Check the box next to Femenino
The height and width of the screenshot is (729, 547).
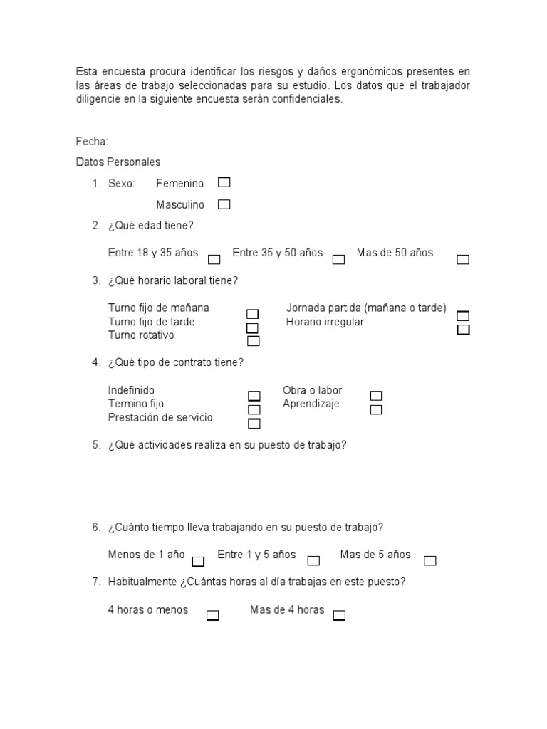point(224,182)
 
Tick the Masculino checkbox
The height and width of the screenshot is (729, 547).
point(224,204)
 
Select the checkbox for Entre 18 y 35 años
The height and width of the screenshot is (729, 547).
point(214,259)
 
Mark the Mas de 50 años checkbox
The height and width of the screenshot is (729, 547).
point(463,259)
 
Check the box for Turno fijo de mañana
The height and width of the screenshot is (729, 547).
point(253,314)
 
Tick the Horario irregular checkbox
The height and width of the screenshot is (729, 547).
point(463,330)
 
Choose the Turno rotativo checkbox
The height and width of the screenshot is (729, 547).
point(253,341)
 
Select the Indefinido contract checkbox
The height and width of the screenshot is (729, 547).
point(254,396)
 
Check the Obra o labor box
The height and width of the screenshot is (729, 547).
point(376,396)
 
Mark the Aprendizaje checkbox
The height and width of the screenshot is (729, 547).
point(376,409)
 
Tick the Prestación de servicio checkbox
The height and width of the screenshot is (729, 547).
point(254,424)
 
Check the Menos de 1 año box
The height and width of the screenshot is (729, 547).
point(198,561)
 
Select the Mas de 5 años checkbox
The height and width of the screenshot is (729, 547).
point(429,561)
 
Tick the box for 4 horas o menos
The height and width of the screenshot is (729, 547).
point(212,616)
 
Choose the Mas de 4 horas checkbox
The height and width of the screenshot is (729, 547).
point(339,616)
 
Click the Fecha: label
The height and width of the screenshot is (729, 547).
point(92,142)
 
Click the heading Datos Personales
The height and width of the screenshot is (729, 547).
point(118,162)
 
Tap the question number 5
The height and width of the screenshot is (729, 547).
point(95,446)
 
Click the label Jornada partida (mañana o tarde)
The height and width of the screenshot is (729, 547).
point(366,308)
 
